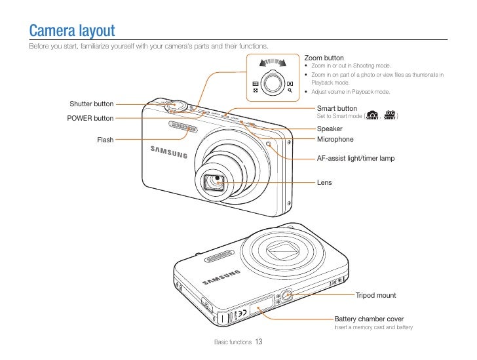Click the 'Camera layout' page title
pyautogui.click(x=72, y=30)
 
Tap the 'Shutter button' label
pyautogui.click(x=91, y=104)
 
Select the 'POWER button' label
pyautogui.click(x=90, y=119)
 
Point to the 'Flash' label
pyautogui.click(x=105, y=140)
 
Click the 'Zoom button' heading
pyautogui.click(x=324, y=58)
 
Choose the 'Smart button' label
pyautogui.click(x=337, y=108)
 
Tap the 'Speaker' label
pyautogui.click(x=330, y=129)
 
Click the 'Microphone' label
pyautogui.click(x=335, y=139)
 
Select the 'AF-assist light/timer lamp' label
pyautogui.click(x=355, y=158)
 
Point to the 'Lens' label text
pyautogui.click(x=324, y=182)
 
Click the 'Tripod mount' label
pyautogui.click(x=375, y=295)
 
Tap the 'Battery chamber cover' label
pyautogui.click(x=369, y=319)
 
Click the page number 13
pyautogui.click(x=259, y=342)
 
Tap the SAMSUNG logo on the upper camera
pyautogui.click(x=169, y=152)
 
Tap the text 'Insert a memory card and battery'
pyautogui.click(x=373, y=327)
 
